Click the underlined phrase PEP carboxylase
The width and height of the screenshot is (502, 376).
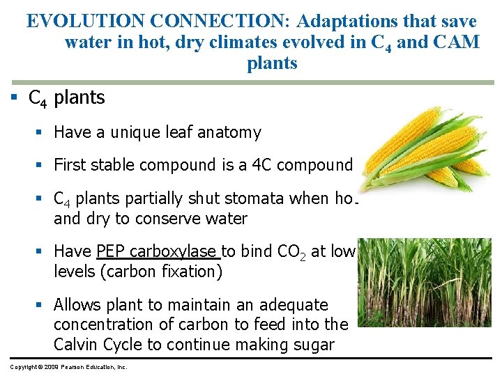click(x=158, y=251)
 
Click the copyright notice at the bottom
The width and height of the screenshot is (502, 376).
click(x=68, y=366)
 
